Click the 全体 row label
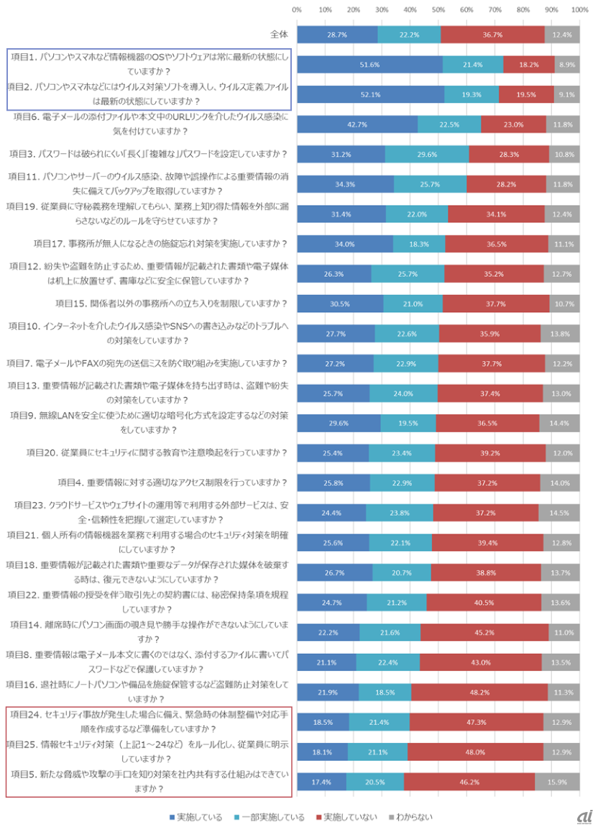(278, 35)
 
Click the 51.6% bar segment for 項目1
(369, 65)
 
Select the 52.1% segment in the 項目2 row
(370, 94)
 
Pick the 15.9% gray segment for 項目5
(557, 781)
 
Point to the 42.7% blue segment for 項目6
(357, 124)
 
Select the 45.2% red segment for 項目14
(484, 632)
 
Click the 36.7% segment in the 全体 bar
(492, 35)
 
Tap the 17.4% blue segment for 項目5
(321, 781)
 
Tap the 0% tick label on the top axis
(297, 10)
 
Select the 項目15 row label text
(172, 303)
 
